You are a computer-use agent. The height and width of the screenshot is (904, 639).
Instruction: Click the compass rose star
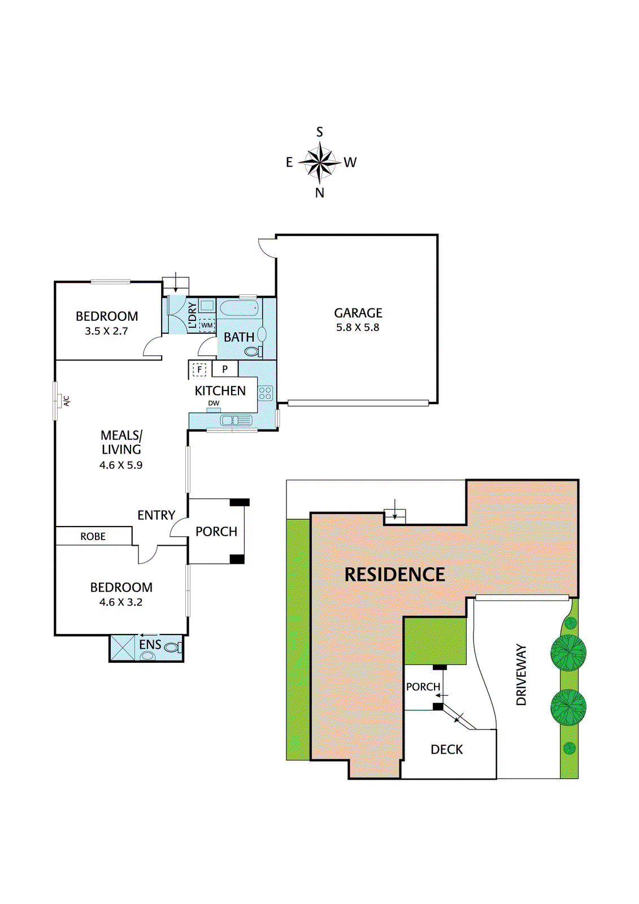[x=320, y=163]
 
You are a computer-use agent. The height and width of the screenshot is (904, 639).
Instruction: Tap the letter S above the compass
[x=320, y=132]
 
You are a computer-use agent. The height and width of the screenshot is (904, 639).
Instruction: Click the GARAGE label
[x=358, y=313]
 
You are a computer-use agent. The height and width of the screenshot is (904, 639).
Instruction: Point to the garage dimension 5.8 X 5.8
[x=358, y=328]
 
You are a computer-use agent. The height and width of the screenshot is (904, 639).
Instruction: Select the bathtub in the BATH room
[x=239, y=309]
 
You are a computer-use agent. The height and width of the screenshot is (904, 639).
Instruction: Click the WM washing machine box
[x=207, y=325]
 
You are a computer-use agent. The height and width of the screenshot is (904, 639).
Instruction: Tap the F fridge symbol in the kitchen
[x=199, y=370]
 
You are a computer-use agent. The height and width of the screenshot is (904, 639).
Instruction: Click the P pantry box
[x=225, y=370]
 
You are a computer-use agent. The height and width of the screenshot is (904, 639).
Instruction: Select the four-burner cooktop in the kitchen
[x=266, y=393]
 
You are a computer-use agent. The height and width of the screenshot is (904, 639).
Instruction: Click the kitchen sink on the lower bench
[x=236, y=420]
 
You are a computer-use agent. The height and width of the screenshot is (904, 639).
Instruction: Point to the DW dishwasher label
[x=214, y=403]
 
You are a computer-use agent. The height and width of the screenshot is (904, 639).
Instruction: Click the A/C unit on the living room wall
[x=58, y=401]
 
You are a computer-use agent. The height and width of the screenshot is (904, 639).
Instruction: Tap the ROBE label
[x=93, y=537]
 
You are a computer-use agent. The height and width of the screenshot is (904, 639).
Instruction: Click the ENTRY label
[x=156, y=515]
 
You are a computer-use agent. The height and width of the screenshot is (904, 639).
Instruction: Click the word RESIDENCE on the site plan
[x=394, y=575]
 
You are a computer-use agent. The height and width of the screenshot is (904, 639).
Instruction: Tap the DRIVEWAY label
[x=521, y=675]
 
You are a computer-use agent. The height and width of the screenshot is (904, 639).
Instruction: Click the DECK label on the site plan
[x=446, y=750]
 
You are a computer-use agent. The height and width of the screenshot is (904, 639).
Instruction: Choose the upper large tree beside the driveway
[x=568, y=653]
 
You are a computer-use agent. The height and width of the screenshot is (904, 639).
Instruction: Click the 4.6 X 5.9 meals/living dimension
[x=121, y=466]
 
